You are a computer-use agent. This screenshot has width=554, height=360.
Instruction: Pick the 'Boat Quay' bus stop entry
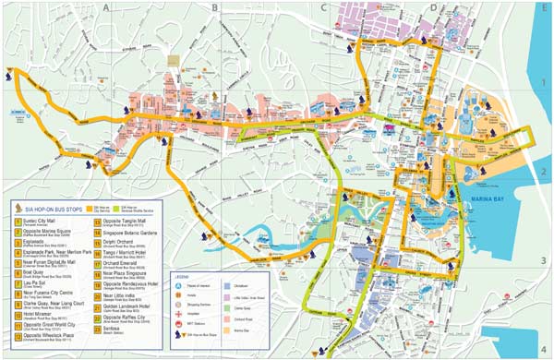point(34,274)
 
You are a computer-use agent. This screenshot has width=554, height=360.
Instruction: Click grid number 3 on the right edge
point(545,260)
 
